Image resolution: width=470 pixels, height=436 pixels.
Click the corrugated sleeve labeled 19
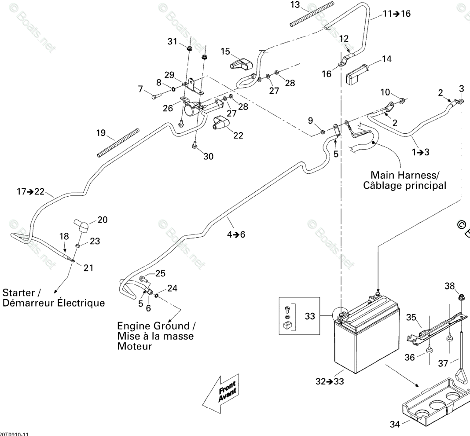(x=118, y=143)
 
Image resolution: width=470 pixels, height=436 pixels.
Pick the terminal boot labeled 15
(x=241, y=64)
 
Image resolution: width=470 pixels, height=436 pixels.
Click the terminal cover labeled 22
(x=220, y=123)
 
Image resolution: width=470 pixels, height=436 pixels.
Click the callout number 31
(x=173, y=41)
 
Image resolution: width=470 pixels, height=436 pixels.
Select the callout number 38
(x=450, y=286)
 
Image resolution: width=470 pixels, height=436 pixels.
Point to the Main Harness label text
(x=405, y=180)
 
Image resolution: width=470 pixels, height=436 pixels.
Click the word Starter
(x=18, y=293)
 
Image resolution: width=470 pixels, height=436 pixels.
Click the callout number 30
(x=208, y=156)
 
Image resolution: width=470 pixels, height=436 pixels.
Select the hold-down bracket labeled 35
(x=437, y=326)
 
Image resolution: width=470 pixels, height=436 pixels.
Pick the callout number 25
(x=160, y=273)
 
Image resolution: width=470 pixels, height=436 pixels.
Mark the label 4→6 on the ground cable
(x=236, y=234)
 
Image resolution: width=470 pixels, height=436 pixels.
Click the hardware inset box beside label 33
(x=299, y=315)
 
